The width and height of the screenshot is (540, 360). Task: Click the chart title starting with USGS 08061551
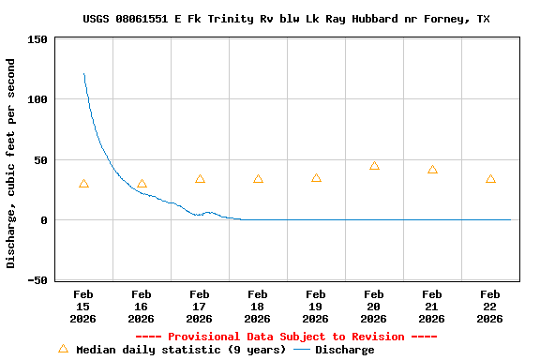pos(286,19)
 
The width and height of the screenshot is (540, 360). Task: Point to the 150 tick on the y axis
pos(37,39)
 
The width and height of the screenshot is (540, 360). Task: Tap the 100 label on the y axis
pos(37,99)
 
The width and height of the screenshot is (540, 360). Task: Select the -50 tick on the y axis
pos(37,280)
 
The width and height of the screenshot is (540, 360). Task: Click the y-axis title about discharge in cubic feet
pos(11,163)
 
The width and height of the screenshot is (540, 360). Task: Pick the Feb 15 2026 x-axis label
pos(83,306)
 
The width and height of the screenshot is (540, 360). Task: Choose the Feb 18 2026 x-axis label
pos(258,306)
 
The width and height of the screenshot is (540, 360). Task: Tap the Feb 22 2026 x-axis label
pos(490,306)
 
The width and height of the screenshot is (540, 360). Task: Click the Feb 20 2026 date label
pos(374,306)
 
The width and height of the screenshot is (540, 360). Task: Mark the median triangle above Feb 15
pos(83,184)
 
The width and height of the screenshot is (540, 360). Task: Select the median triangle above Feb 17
pos(200,179)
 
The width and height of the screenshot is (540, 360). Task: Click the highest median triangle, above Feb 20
pos(374,166)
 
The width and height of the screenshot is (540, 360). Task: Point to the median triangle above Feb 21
pos(432,170)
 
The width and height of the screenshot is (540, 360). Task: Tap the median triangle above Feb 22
pos(490,179)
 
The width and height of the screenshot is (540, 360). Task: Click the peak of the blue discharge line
pos(84,74)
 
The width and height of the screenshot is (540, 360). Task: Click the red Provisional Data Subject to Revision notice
pos(286,337)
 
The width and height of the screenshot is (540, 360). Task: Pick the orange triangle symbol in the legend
pos(63,349)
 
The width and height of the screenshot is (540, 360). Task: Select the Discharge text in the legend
pos(344,350)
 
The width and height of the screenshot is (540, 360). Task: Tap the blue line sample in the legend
pos(301,350)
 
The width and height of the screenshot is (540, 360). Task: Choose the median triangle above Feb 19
pos(316,178)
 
